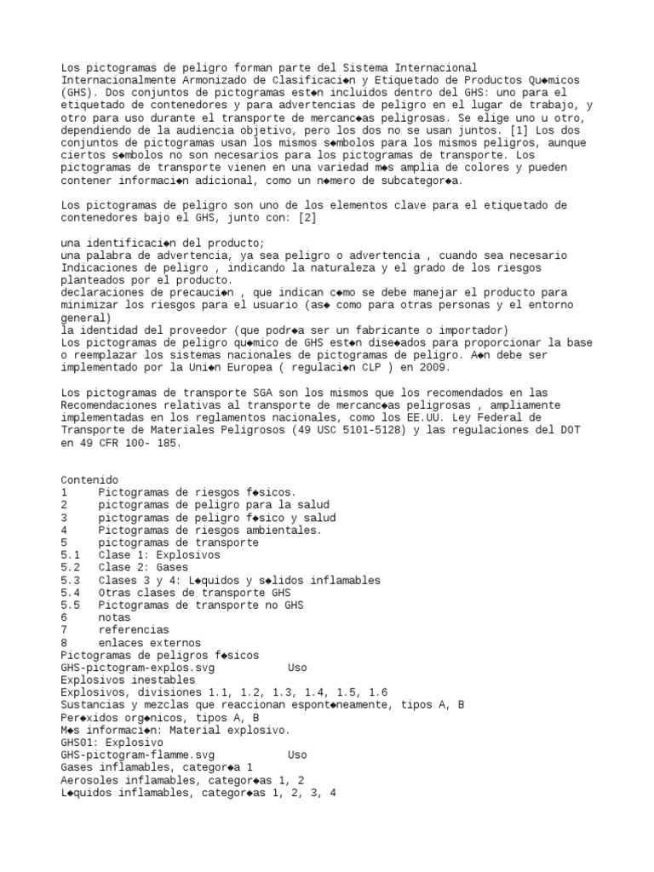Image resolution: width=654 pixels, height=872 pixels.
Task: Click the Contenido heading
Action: point(90,480)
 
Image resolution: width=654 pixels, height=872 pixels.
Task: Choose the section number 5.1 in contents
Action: point(71,554)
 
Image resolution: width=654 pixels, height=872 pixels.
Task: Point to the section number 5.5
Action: point(71,605)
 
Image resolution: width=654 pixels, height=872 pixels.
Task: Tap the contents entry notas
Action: point(115,617)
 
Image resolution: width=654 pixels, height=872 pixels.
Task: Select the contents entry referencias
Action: point(134,630)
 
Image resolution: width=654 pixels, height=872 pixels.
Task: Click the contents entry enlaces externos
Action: point(150,643)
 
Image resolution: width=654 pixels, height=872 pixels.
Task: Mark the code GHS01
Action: point(77,743)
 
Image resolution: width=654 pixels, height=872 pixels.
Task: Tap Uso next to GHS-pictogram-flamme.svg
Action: point(297,755)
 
